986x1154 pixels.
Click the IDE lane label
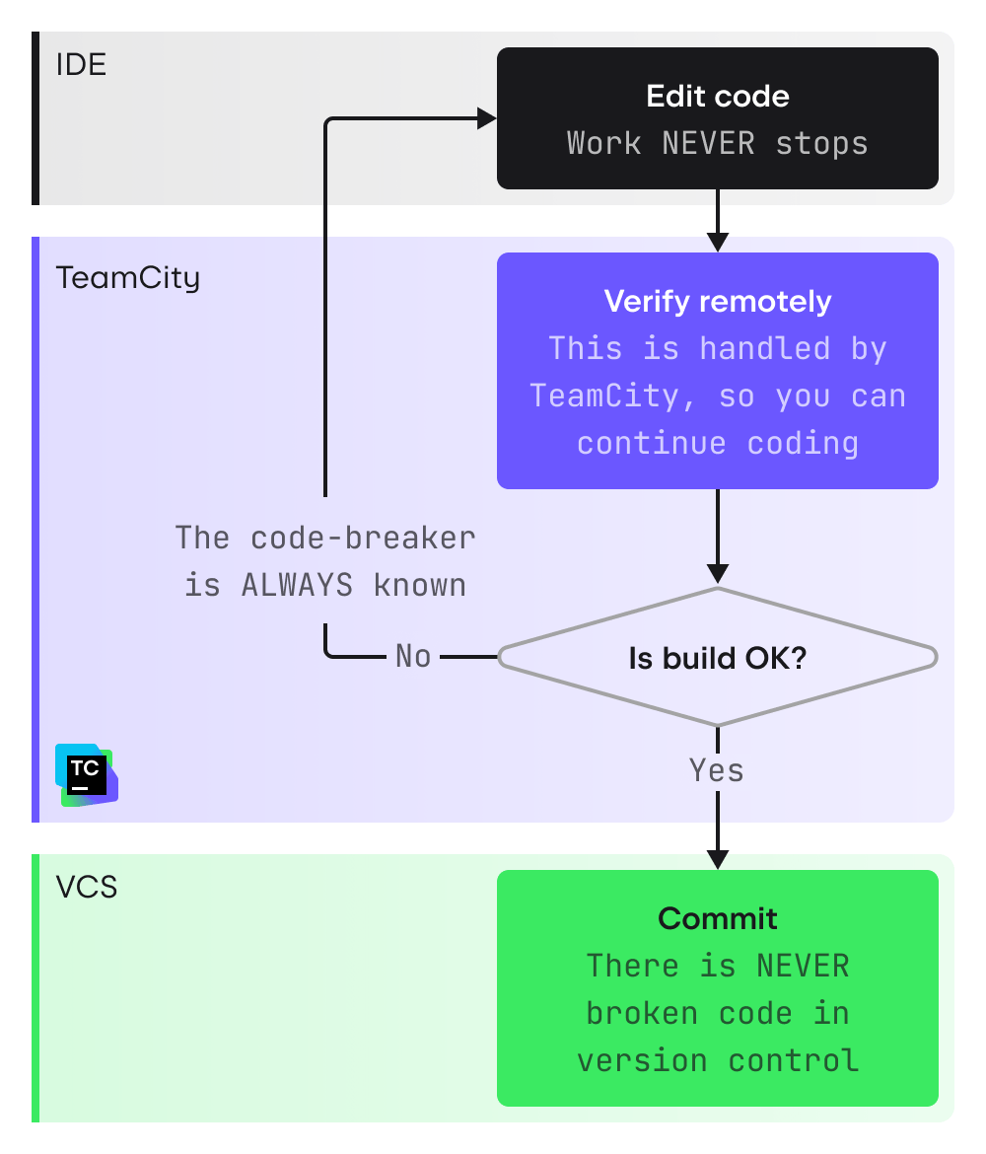(x=81, y=65)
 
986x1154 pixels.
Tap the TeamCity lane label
(x=127, y=277)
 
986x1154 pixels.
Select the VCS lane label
(x=87, y=887)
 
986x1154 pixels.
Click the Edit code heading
(x=717, y=96)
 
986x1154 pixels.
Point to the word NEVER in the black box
(x=708, y=143)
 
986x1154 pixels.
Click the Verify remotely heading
(x=717, y=301)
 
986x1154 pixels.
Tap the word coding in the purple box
(x=802, y=443)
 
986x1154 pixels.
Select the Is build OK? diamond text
(x=717, y=658)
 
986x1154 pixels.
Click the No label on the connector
(x=413, y=656)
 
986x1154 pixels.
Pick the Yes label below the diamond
(x=717, y=769)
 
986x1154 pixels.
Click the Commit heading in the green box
(x=717, y=918)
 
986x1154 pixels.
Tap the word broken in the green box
(x=633, y=1013)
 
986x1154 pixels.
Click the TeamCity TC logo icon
(x=87, y=775)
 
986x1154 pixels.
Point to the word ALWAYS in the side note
(x=297, y=585)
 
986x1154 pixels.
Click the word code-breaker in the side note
(x=363, y=538)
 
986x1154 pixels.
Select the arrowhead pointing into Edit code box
(x=487, y=119)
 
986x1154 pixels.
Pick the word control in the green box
(x=793, y=1060)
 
